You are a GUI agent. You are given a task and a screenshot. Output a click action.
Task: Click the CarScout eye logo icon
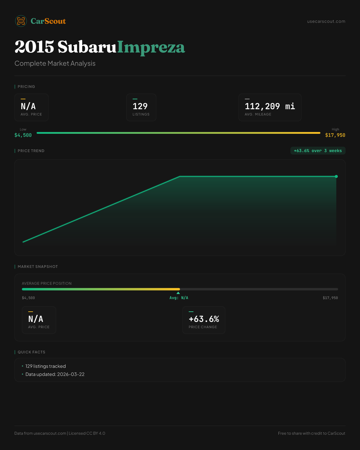21,21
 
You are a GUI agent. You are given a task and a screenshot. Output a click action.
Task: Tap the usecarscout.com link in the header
326,21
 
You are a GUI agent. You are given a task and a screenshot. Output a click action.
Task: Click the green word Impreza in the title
151,47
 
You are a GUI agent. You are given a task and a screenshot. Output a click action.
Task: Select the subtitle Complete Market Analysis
55,63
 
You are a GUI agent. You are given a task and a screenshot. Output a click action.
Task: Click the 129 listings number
140,106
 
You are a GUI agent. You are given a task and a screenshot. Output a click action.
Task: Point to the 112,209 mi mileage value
270,106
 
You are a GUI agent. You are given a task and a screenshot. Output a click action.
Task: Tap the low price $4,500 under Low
23,135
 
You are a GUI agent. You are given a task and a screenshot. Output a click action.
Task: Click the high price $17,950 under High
335,135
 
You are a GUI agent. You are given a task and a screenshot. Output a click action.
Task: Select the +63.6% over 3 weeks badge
318,151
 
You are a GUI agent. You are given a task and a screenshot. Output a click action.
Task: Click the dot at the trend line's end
336,176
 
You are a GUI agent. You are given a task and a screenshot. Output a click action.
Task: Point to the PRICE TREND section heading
31,151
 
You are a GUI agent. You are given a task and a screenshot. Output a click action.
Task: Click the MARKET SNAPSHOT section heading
37,267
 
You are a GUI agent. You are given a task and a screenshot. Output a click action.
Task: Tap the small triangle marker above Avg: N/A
178,293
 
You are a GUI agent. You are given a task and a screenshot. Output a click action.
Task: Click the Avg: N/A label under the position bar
179,298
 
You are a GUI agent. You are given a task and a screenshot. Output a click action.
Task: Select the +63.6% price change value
204,319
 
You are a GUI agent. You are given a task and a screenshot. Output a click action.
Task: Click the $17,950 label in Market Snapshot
330,298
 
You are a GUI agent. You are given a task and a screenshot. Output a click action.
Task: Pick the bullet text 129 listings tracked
46,366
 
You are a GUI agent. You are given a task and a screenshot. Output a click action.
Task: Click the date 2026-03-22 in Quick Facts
71,374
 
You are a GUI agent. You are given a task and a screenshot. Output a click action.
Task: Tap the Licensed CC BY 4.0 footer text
87,433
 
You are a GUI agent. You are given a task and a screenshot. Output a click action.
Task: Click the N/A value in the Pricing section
28,106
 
